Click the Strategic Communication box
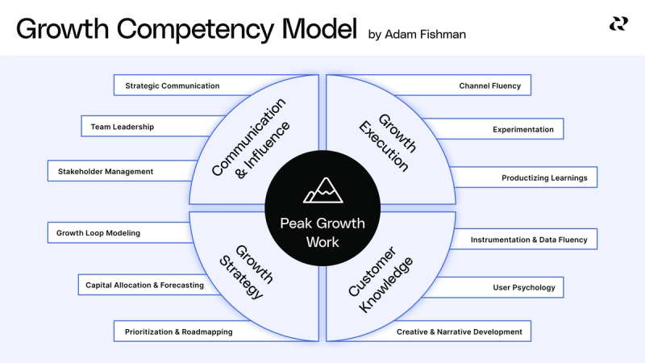tap(172, 86)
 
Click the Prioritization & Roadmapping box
tap(178, 332)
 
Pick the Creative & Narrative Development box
tap(459, 332)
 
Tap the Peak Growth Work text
tap(322, 232)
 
